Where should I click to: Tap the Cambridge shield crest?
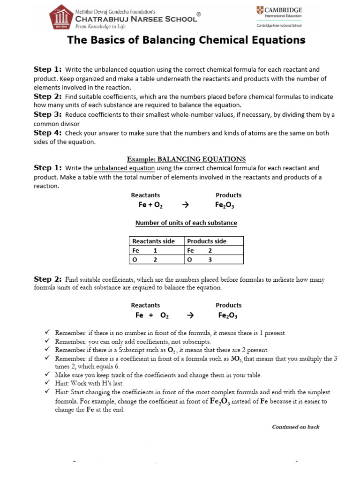[x=260, y=11]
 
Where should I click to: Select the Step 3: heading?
[x=47, y=114]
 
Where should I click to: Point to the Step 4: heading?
[x=47, y=133]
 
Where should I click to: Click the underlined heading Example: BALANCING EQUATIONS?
[x=186, y=159]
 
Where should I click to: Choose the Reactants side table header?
[x=154, y=241]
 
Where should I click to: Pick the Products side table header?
[x=207, y=241]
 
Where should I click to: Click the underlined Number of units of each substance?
[x=186, y=223]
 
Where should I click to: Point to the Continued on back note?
[x=296, y=427]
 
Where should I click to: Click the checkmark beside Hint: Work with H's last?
[x=47, y=383]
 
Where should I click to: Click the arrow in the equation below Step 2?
[x=190, y=315]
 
